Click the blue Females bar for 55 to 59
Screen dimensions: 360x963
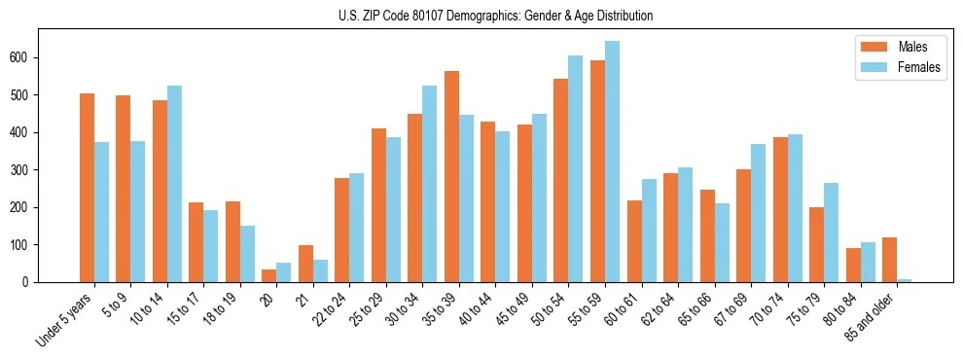(612, 162)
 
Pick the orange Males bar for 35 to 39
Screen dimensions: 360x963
(451, 176)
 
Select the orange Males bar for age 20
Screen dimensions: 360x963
(269, 275)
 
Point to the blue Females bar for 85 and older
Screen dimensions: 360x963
(904, 280)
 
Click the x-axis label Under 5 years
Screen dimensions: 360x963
(66, 318)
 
